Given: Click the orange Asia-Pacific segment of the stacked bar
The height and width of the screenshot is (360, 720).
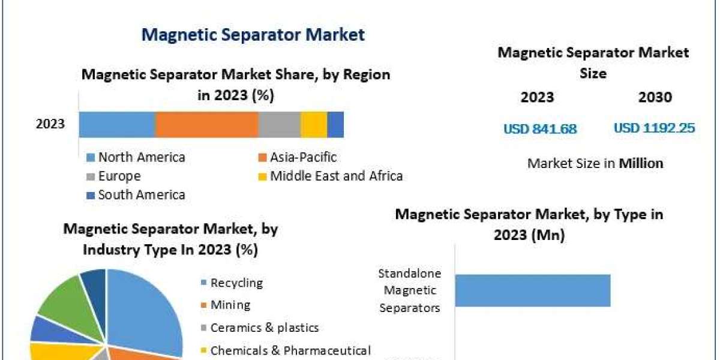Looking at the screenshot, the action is [x=207, y=125].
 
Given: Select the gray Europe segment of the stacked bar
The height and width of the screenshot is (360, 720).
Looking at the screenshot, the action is [x=280, y=125].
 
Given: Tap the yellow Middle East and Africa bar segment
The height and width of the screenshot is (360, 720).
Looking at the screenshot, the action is [x=314, y=125].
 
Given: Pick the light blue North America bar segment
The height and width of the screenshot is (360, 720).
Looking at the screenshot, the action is [x=118, y=125].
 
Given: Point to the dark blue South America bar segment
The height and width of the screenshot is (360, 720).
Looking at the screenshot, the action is [x=335, y=125].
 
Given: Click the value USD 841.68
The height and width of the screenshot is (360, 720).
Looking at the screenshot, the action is [x=540, y=129].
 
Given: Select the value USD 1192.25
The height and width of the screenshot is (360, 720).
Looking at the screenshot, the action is [x=655, y=128].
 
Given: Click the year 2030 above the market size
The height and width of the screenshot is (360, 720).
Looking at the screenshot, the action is [x=655, y=97].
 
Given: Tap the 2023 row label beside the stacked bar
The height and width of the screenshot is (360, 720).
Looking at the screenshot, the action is [x=50, y=124].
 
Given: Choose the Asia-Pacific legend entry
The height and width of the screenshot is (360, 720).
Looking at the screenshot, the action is [x=298, y=157].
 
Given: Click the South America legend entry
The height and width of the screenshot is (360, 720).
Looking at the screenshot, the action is [x=136, y=195].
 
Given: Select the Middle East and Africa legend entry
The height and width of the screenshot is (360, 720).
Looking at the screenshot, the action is [x=331, y=176].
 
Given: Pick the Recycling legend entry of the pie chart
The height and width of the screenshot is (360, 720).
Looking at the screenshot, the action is [x=232, y=283].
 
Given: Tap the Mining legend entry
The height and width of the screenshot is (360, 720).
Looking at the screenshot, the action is [x=226, y=305].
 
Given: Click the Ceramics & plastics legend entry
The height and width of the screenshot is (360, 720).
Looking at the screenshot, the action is [x=260, y=328].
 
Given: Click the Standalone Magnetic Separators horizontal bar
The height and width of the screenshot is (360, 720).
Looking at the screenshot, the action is [x=533, y=290].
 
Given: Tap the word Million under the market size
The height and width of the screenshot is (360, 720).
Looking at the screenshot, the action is [x=641, y=163].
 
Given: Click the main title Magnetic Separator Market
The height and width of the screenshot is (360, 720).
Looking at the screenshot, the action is [x=253, y=35].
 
